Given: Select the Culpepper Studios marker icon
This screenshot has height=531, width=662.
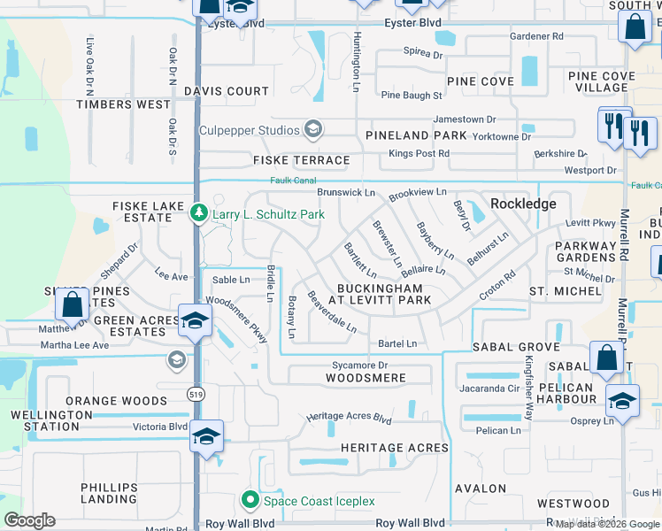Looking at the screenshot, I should point(312,130).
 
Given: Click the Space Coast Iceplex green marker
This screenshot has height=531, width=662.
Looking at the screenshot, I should point(251,501).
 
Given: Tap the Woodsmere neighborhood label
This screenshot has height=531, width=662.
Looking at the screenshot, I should point(366,378).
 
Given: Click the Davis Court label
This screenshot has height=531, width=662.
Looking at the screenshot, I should point(227,91).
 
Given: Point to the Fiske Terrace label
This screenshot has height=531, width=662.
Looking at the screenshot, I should point(301,160).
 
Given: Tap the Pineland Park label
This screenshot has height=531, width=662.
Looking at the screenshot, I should point(416,135).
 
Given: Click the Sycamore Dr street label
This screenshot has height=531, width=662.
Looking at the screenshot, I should point(358,365).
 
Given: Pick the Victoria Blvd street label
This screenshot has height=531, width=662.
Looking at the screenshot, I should point(160,426).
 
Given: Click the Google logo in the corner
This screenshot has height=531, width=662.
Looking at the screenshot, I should point(29,520).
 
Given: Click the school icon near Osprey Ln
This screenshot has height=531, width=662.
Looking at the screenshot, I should point(622,399).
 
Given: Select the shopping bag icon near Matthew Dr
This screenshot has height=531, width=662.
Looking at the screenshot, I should point(73,304).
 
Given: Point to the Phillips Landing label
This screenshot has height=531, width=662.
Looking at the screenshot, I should point(109,494).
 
